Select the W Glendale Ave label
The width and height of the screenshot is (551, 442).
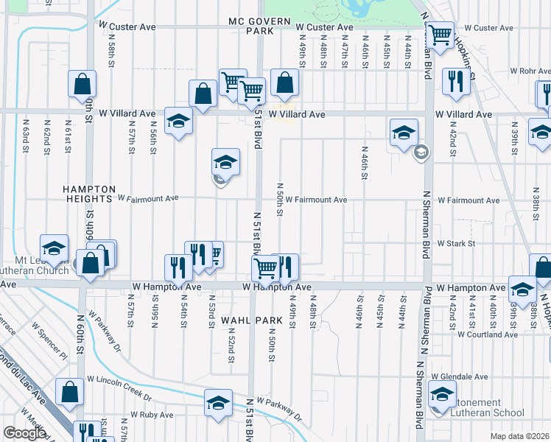point(460,376)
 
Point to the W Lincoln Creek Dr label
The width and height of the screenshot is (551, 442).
point(119,379)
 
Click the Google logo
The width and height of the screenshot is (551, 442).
point(24,433)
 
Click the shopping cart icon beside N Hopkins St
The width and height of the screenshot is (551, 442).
point(440,35)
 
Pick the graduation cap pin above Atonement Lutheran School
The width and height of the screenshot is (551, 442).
point(441,394)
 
